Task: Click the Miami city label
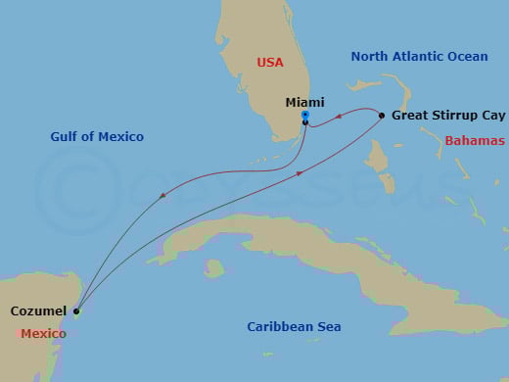[304, 102]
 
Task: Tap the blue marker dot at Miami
[305, 116]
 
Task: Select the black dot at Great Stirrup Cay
[382, 115]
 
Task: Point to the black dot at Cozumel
[76, 311]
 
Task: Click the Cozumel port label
[39, 311]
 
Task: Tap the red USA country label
[270, 62]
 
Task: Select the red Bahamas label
[475, 141]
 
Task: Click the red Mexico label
[43, 334]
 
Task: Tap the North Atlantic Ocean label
[419, 57]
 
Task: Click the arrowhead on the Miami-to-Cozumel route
[162, 195]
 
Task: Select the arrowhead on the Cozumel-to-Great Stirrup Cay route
[298, 174]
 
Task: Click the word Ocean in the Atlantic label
[466, 57]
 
